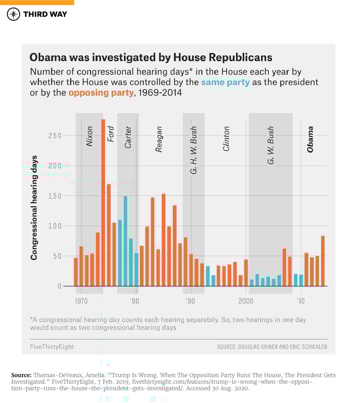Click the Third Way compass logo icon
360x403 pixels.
click(13, 14)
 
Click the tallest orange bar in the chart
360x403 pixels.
click(103, 202)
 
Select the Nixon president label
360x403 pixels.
click(89, 136)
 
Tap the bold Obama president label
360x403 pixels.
click(310, 139)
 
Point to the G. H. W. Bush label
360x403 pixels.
click(193, 150)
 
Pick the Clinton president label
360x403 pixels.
click(226, 139)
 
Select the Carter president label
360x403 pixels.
click(128, 138)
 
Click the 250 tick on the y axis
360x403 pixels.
click(55, 136)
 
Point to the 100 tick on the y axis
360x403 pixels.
click(55, 226)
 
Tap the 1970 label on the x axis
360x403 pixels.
click(81, 301)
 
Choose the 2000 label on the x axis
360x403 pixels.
click(246, 301)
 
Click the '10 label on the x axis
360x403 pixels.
click(300, 301)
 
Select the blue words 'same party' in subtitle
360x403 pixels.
click(225, 82)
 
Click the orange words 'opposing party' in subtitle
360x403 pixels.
click(101, 93)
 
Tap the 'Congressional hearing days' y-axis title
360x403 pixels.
click(34, 208)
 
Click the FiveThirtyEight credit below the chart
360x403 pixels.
click(52, 347)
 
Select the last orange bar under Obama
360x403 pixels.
click(322, 261)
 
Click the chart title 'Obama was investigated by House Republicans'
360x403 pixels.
click(151, 57)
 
